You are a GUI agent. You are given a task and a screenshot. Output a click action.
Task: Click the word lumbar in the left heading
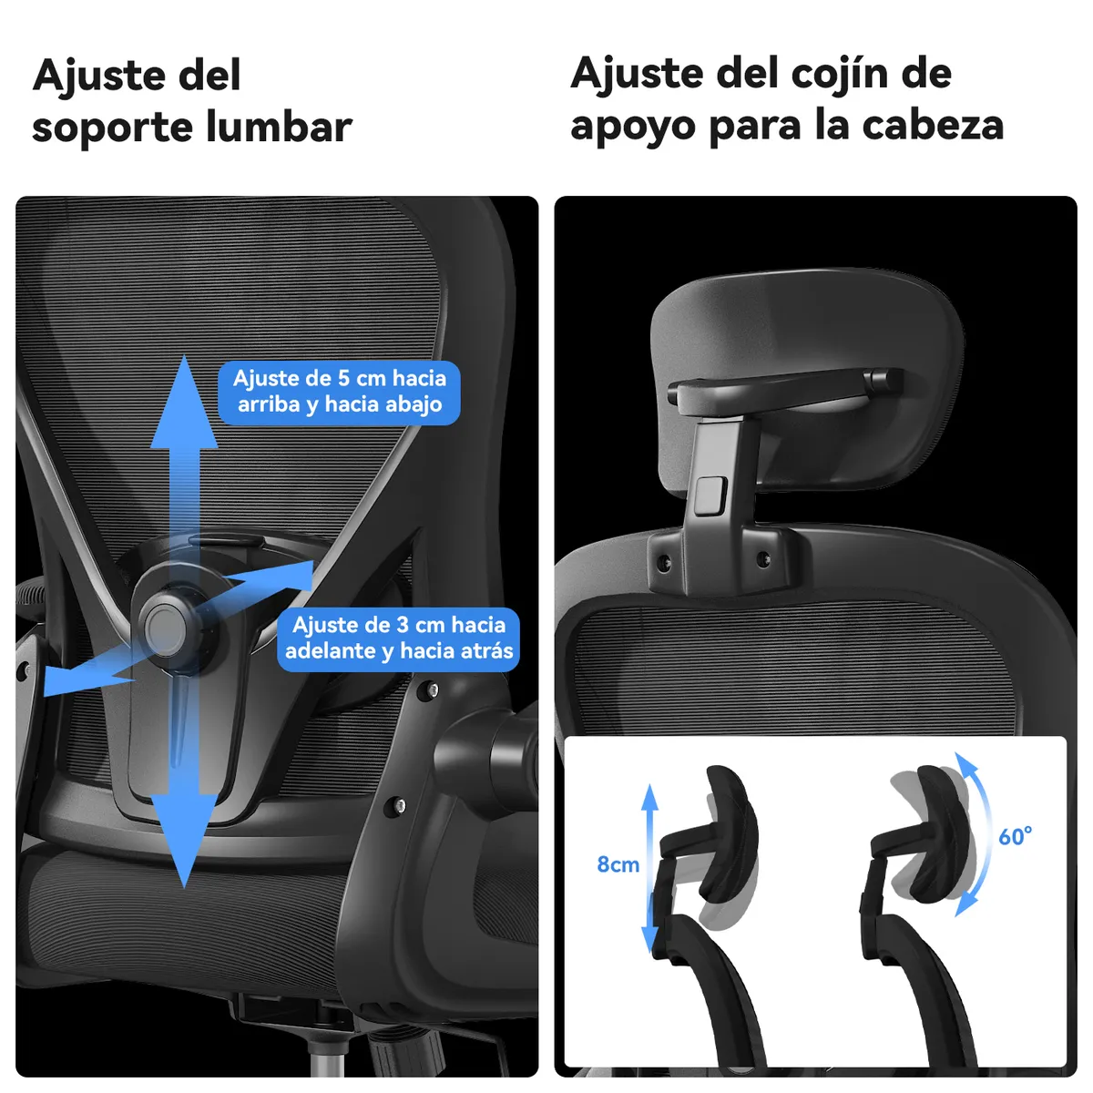pyautogui.click(x=279, y=127)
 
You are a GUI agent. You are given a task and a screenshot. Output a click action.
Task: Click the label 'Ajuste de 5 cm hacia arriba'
pyautogui.click(x=339, y=392)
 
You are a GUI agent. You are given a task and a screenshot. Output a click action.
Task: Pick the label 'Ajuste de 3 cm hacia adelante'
pyautogui.click(x=398, y=638)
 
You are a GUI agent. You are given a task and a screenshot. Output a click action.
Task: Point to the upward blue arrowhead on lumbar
pyautogui.click(x=184, y=405)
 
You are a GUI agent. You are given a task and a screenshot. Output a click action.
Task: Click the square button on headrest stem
pyautogui.click(x=706, y=495)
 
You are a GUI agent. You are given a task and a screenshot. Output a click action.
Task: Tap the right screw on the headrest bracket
pyautogui.click(x=763, y=558)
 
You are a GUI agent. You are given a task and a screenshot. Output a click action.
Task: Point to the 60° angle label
pyautogui.click(x=1015, y=836)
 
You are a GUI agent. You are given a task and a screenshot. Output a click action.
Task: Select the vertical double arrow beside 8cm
pyautogui.click(x=649, y=870)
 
